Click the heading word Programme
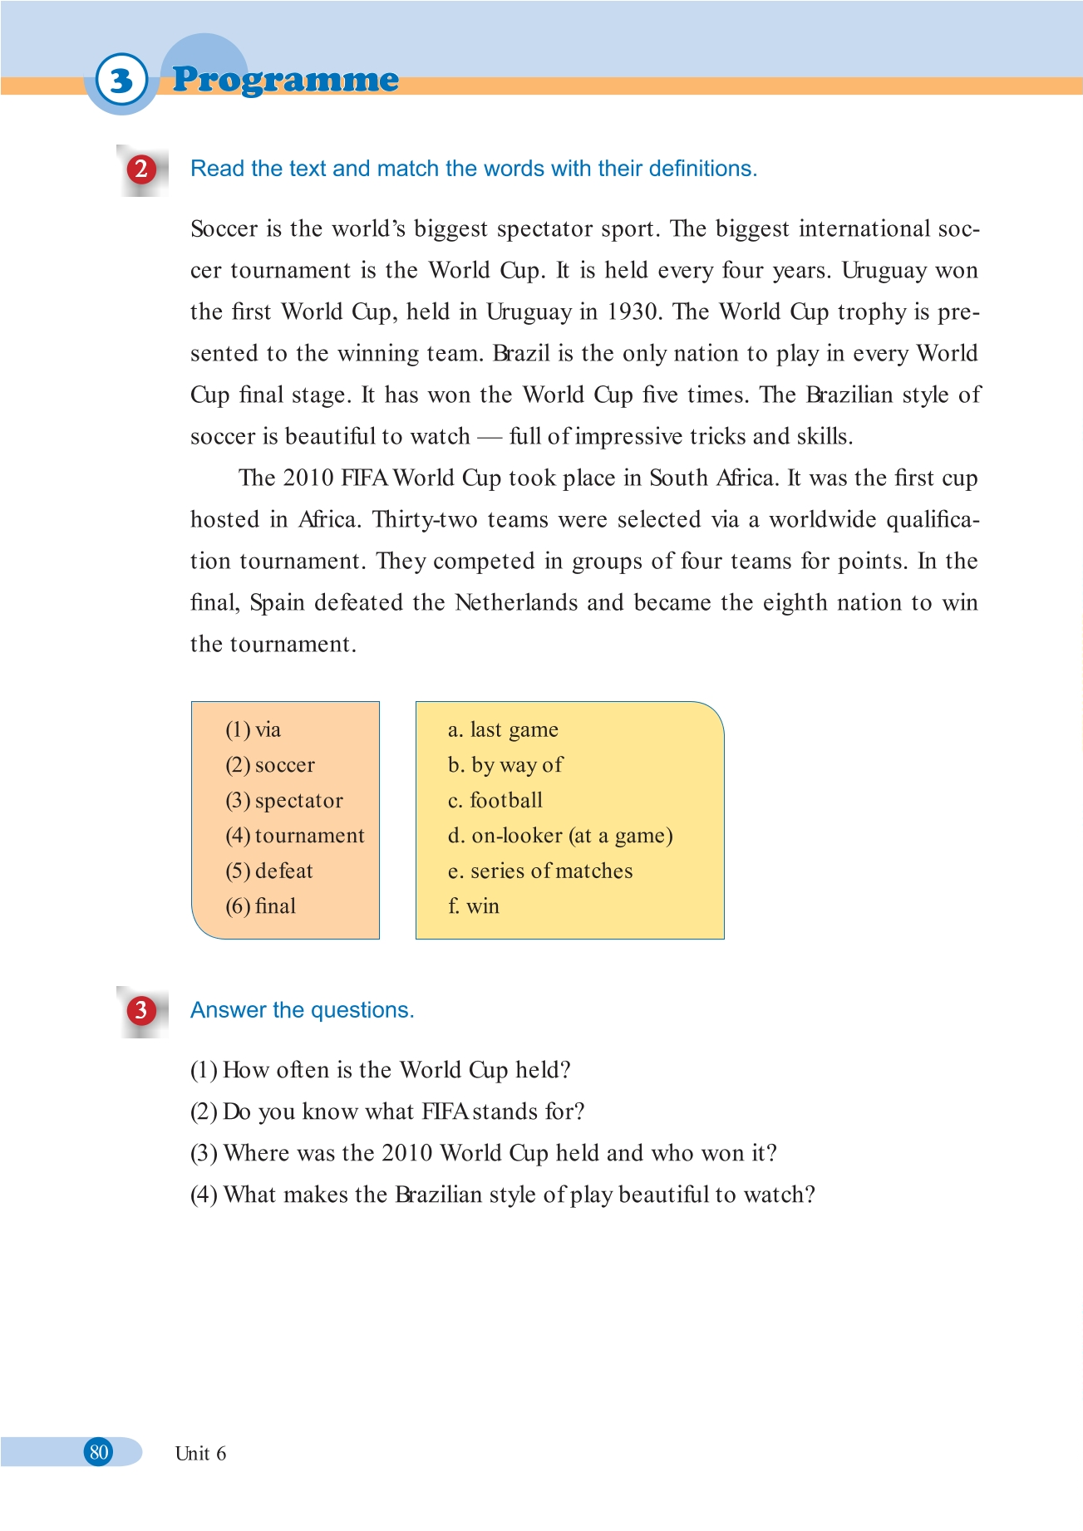tap(285, 80)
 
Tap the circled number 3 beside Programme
tap(121, 81)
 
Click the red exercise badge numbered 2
tap(141, 169)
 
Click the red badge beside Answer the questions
tap(141, 1010)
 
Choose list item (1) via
tap(254, 730)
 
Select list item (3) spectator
tap(284, 801)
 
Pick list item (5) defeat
tap(269, 871)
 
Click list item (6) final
tap(261, 906)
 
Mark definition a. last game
tap(503, 730)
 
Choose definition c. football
tap(495, 801)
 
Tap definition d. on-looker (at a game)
tap(560, 836)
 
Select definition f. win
tap(474, 906)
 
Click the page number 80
tap(99, 1452)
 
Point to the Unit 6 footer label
tap(200, 1454)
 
